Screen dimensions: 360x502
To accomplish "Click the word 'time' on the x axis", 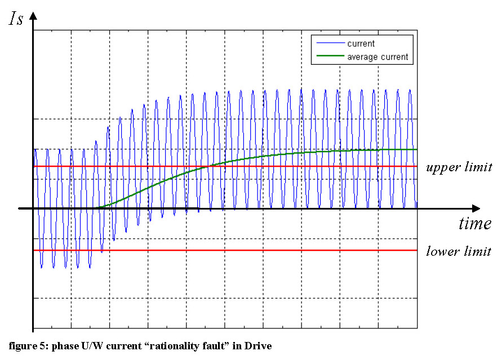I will (x=474, y=224).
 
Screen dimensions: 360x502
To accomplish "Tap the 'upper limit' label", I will (x=459, y=167).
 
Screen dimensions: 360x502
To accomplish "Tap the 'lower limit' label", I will (x=459, y=251).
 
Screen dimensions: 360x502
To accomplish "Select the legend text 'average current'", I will (x=377, y=57).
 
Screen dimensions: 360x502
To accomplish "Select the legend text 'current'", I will (x=361, y=44).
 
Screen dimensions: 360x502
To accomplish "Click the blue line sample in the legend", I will (x=330, y=44).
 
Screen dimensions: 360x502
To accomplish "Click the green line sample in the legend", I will (x=330, y=57).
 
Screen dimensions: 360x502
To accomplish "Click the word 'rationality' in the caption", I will (x=170, y=345).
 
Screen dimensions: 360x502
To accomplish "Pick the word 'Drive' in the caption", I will (x=257, y=345).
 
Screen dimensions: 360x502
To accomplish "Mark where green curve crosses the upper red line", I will (x=207, y=166).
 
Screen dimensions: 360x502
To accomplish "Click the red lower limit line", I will (x=282, y=250).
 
